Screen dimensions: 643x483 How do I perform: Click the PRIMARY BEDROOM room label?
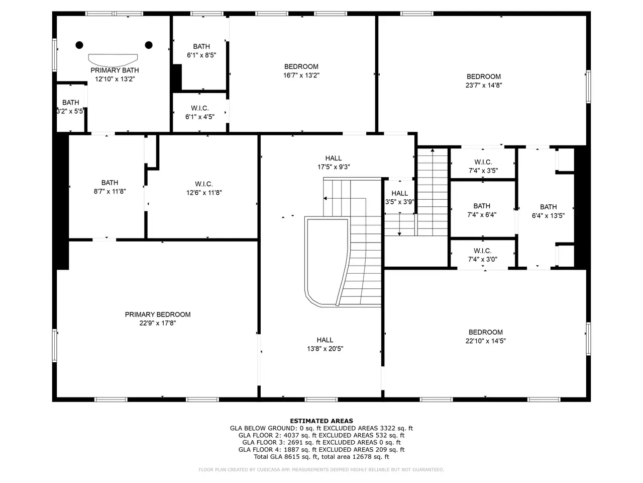[x=158, y=314]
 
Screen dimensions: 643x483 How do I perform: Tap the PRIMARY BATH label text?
[x=115, y=70]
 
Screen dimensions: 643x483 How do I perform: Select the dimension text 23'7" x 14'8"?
[x=484, y=86]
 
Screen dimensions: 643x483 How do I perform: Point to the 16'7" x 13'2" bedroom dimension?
[x=301, y=75]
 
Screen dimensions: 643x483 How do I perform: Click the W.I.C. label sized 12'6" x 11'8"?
[x=204, y=184]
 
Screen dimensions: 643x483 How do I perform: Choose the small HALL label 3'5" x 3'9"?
[x=399, y=193]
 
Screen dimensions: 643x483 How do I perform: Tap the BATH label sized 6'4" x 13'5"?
[x=548, y=207]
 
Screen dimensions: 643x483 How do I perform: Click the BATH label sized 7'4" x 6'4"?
[x=482, y=206]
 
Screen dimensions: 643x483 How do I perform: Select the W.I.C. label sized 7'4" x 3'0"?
[x=482, y=251]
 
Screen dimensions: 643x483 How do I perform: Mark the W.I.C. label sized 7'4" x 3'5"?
[x=483, y=162]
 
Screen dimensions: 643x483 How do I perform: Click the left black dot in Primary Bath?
[x=79, y=45]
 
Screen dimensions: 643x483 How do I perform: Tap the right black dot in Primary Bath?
[x=149, y=45]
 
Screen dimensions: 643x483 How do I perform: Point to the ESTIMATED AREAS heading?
[x=321, y=421]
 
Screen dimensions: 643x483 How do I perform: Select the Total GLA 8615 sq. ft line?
[x=321, y=457]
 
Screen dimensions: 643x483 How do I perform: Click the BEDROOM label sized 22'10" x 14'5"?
[x=485, y=332]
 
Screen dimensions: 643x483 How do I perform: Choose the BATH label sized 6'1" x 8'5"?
[x=201, y=47]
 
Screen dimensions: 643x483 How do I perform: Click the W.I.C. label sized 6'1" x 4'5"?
[x=200, y=108]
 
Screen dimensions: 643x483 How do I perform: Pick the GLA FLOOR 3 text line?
[x=321, y=442]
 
